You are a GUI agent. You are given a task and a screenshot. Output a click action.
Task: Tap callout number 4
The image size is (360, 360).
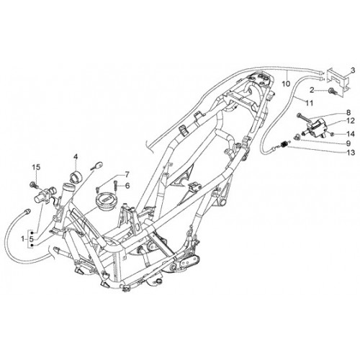click(x=76, y=157)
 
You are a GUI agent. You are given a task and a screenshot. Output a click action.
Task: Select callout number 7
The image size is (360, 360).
click(x=127, y=174)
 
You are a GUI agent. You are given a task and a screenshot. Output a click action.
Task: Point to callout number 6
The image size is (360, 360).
click(x=127, y=185)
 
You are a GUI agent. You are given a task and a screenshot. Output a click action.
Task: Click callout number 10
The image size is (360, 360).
click(x=286, y=84)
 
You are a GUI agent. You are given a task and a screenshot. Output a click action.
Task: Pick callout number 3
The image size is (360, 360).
click(x=353, y=71)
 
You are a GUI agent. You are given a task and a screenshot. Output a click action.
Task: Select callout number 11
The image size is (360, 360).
click(x=310, y=103)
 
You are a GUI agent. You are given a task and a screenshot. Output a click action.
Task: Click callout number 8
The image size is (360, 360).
click(x=348, y=112)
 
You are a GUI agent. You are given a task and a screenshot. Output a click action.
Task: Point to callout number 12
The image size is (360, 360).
click(x=350, y=121)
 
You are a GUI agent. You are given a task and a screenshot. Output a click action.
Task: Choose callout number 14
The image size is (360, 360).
click(x=351, y=133)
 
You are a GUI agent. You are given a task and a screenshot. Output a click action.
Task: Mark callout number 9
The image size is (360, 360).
click(x=348, y=143)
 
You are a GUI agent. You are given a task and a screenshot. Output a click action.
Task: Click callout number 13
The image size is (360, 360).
click(x=351, y=153)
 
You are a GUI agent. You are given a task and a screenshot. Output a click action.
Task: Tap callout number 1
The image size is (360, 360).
click(x=22, y=239)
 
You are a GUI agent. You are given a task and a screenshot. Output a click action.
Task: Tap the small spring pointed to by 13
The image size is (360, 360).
click(x=284, y=145)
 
